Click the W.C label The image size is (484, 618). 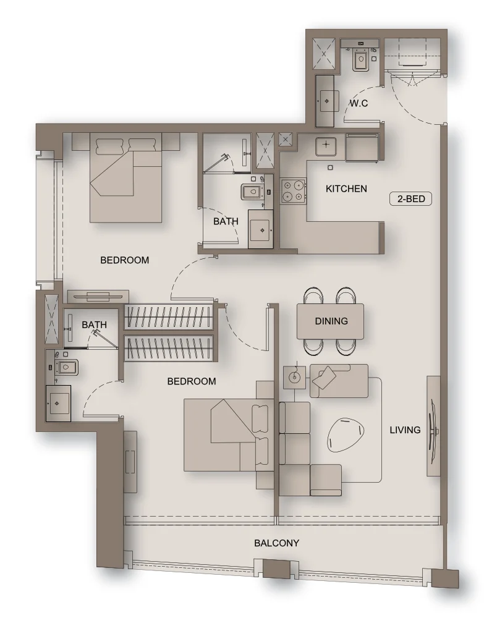359,103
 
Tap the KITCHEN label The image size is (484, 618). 346,188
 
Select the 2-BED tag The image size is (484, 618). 410,198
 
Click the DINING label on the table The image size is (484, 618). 331,321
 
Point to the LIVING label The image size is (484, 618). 405,430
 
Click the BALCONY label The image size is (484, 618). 276,543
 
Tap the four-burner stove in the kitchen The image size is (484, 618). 293,191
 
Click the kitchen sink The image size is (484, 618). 326,146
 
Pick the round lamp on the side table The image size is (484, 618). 294,377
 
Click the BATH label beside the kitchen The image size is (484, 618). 226,221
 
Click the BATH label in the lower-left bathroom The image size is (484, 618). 94,325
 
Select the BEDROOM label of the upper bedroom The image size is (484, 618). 124,260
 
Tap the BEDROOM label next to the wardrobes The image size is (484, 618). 192,381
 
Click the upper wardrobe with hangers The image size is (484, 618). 170,316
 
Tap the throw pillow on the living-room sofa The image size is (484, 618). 324,378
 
